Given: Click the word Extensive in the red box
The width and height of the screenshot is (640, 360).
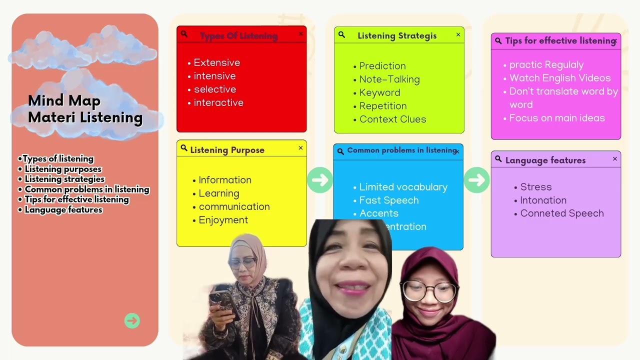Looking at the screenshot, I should pyautogui.click(x=216, y=63).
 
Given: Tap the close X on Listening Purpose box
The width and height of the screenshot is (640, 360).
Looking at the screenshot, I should pyautogui.click(x=300, y=148).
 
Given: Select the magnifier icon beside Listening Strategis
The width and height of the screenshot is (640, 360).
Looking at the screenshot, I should pyautogui.click(x=341, y=35).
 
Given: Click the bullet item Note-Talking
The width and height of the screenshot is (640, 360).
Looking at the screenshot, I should pyautogui.click(x=389, y=79).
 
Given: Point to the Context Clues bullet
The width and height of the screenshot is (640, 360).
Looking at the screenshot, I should pyautogui.click(x=392, y=119).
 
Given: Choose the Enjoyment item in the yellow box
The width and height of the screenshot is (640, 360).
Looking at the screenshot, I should pyautogui.click(x=223, y=220).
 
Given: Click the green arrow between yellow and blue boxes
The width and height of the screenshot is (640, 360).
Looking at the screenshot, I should pyautogui.click(x=319, y=180).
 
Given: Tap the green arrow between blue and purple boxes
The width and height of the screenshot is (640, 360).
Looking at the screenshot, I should pyautogui.click(x=476, y=180).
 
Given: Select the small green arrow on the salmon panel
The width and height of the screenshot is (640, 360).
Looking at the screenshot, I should pyautogui.click(x=132, y=320).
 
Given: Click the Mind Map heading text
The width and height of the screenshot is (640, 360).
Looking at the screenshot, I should pyautogui.click(x=64, y=101).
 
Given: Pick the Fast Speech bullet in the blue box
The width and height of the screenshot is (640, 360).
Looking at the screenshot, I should pyautogui.click(x=388, y=200).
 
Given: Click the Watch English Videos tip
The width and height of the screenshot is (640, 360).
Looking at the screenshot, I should pyautogui.click(x=559, y=78).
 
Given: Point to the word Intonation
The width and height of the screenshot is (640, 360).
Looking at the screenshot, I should pyautogui.click(x=543, y=200).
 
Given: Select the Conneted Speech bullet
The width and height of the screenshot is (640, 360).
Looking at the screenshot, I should pyautogui.click(x=561, y=213).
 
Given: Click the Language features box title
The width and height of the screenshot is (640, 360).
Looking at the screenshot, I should pyautogui.click(x=545, y=160).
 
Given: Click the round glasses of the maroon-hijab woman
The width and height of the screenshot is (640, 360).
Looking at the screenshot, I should pyautogui.click(x=430, y=290).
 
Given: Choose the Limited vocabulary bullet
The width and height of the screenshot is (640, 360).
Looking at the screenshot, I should pyautogui.click(x=403, y=187).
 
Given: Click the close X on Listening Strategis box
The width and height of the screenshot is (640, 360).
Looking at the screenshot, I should pyautogui.click(x=458, y=35).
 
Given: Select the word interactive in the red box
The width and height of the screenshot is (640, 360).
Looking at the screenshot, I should pyautogui.click(x=218, y=103).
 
